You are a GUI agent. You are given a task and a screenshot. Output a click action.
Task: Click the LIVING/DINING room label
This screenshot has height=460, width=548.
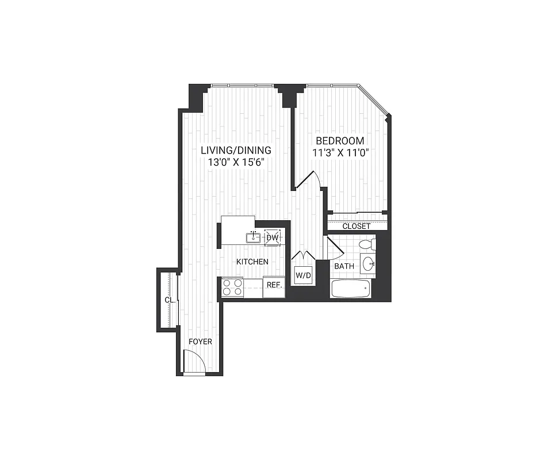tap(236, 151)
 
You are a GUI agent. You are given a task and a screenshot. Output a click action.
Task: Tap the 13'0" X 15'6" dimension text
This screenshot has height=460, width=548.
tap(236, 163)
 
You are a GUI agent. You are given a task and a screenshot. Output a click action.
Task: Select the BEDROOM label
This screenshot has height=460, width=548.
tap(340, 141)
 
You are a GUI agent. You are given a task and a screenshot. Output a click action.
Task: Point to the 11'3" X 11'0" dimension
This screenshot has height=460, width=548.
tap(340, 153)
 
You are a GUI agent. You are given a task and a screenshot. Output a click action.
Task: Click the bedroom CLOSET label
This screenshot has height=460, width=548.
tap(357, 226)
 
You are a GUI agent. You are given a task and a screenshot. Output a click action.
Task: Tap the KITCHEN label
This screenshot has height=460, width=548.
tap(252, 262)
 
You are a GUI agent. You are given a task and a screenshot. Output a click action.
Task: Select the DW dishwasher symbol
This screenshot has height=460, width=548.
tap(272, 237)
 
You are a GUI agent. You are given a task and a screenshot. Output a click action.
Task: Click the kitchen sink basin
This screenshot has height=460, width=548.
tap(254, 237)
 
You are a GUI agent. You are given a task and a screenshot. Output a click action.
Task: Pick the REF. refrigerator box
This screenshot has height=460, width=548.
tap(274, 286)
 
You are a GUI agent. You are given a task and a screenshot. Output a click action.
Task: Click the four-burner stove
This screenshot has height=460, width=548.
tap(232, 287)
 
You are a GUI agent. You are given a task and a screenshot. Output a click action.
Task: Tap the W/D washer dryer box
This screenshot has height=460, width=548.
tap(303, 276)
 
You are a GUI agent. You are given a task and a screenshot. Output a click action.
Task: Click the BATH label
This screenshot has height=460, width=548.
tap(344, 266)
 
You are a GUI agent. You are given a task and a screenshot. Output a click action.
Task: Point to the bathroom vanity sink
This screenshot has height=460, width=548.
tap(369, 265)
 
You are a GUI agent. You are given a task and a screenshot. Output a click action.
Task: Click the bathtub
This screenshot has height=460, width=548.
tap(351, 289)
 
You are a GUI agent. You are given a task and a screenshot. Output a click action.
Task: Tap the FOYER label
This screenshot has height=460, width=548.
tap(201, 342)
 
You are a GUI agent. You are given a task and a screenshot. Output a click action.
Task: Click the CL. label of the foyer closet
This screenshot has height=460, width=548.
tap(169, 300)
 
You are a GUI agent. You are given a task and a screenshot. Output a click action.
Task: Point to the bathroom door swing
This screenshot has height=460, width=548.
tap(334, 247)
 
